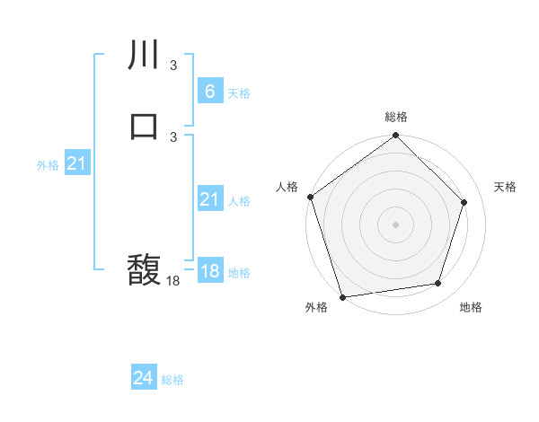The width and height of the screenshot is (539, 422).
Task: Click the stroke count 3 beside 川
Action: pyautogui.click(x=172, y=66)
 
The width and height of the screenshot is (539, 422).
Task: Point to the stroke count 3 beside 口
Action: pyautogui.click(x=172, y=136)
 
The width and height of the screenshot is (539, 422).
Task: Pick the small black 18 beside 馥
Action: pyautogui.click(x=172, y=281)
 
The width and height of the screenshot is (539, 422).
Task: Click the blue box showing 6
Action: pyautogui.click(x=209, y=91)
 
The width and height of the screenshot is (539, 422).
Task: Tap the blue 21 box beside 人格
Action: pyautogui.click(x=209, y=199)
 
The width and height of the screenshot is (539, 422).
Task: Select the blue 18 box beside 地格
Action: pyautogui.click(x=209, y=270)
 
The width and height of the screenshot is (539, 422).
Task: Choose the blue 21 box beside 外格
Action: pyautogui.click(x=76, y=163)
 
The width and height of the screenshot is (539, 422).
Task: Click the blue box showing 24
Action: pyautogui.click(x=144, y=378)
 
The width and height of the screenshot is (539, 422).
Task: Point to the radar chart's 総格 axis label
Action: pyautogui.click(x=396, y=117)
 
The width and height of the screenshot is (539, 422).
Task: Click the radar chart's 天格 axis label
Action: pyautogui.click(x=505, y=187)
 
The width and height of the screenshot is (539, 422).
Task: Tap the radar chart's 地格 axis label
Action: pyautogui.click(x=471, y=307)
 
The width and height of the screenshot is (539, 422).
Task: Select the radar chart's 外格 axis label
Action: pyautogui.click(x=316, y=307)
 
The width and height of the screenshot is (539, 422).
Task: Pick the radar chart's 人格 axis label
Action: pyautogui.click(x=287, y=187)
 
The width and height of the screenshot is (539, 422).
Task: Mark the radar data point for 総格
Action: pyautogui.click(x=396, y=136)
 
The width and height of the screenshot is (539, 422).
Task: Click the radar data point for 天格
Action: pyautogui.click(x=464, y=202)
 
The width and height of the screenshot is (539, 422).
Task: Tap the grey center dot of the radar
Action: pyautogui.click(x=396, y=224)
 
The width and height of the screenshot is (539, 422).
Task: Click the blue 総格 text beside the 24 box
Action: pyautogui.click(x=172, y=380)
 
